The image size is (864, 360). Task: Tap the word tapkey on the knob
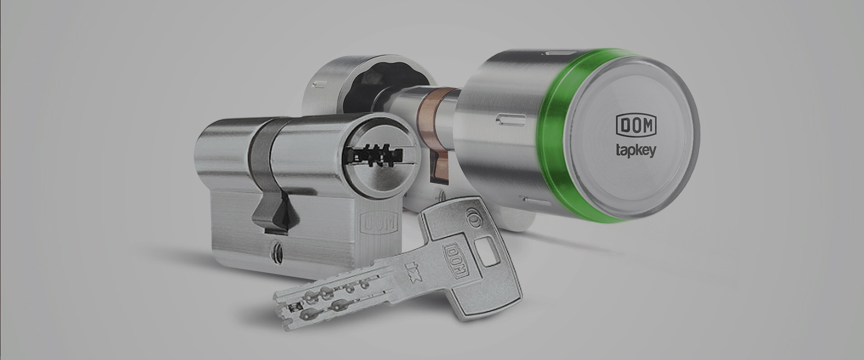click(x=635, y=150)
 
